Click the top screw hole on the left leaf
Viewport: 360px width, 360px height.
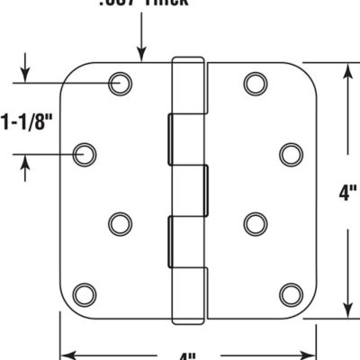point(119,83)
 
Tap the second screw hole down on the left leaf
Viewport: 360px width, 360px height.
point(85,154)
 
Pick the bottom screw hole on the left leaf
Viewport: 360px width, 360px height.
point(84,293)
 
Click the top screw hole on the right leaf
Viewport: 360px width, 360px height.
point(255,83)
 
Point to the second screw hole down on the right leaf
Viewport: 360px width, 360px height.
point(290,154)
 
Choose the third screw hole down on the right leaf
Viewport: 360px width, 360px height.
point(256,222)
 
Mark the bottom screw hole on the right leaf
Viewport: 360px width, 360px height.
point(290,293)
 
